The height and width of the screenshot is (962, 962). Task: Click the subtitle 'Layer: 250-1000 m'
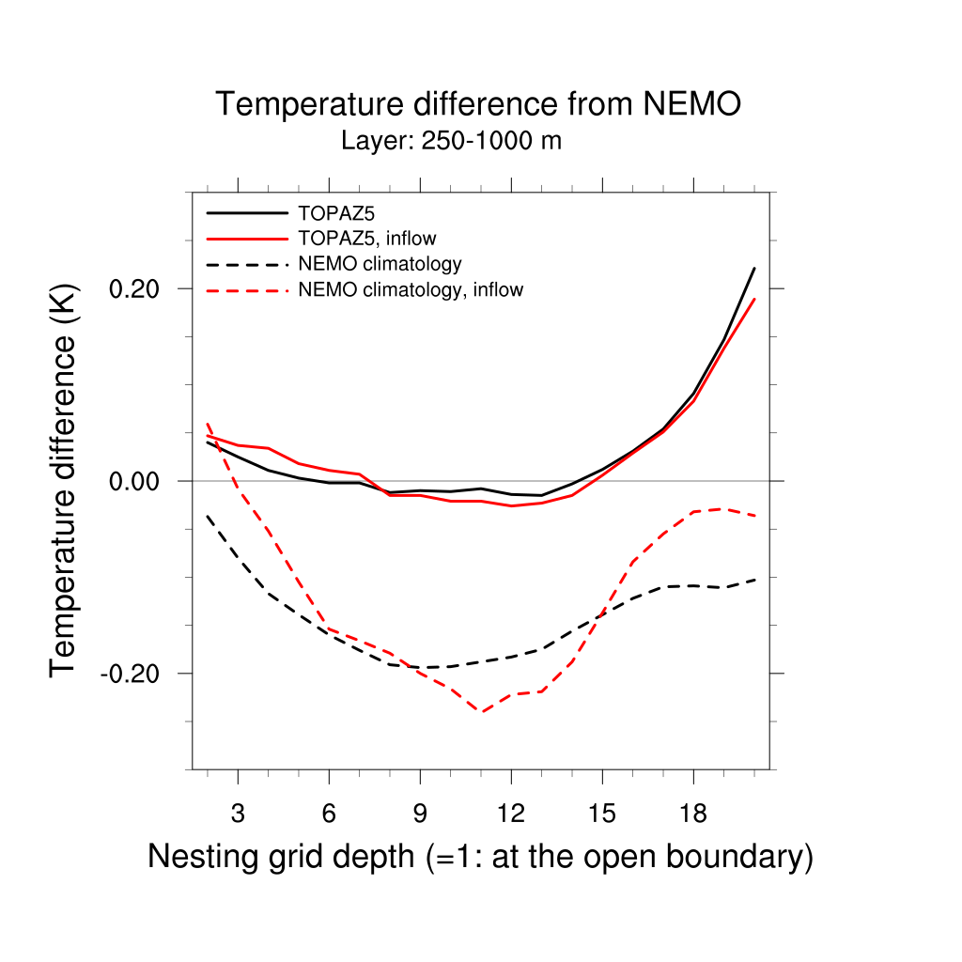[x=451, y=142]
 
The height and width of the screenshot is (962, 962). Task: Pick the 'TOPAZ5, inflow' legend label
[x=367, y=238]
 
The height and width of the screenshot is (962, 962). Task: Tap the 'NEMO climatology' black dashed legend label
[x=380, y=264]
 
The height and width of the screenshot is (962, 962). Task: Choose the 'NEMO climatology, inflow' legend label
[x=411, y=289]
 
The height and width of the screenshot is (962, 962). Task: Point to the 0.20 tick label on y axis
[x=134, y=288]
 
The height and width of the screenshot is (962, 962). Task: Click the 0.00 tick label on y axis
[x=134, y=481]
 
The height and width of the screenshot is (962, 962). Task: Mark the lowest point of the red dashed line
[x=481, y=712]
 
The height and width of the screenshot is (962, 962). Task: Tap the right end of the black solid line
[x=754, y=269]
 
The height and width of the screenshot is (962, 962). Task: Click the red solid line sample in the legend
[x=246, y=239]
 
